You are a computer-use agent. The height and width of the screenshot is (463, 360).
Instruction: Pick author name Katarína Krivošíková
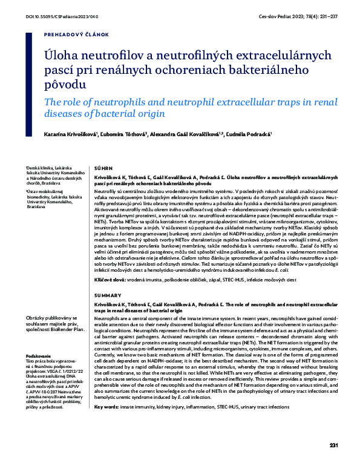pos(68,133)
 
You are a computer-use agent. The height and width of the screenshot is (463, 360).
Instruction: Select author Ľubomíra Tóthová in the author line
pos(125,133)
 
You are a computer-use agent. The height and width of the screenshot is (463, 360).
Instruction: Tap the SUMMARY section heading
pos(102,295)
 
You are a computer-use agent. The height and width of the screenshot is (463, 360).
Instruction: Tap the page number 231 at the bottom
pos(334,445)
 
